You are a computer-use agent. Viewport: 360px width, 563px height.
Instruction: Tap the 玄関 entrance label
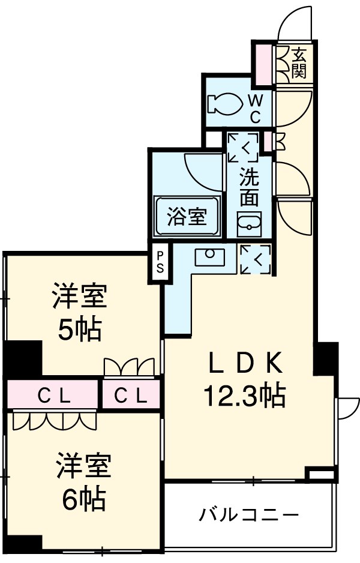(299, 63)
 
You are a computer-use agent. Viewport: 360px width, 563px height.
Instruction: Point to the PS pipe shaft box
(160, 262)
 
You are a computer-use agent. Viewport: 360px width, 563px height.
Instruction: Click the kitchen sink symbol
(210, 256)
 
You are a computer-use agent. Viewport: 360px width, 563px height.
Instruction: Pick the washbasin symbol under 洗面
(248, 226)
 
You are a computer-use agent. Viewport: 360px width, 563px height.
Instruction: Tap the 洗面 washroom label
(249, 187)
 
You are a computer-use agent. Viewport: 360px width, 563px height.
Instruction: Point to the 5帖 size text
(79, 329)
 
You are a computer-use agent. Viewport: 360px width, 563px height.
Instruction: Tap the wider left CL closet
(53, 395)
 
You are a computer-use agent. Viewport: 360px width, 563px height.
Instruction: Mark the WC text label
(254, 109)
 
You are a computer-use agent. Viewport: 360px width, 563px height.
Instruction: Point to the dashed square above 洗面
(242, 147)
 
